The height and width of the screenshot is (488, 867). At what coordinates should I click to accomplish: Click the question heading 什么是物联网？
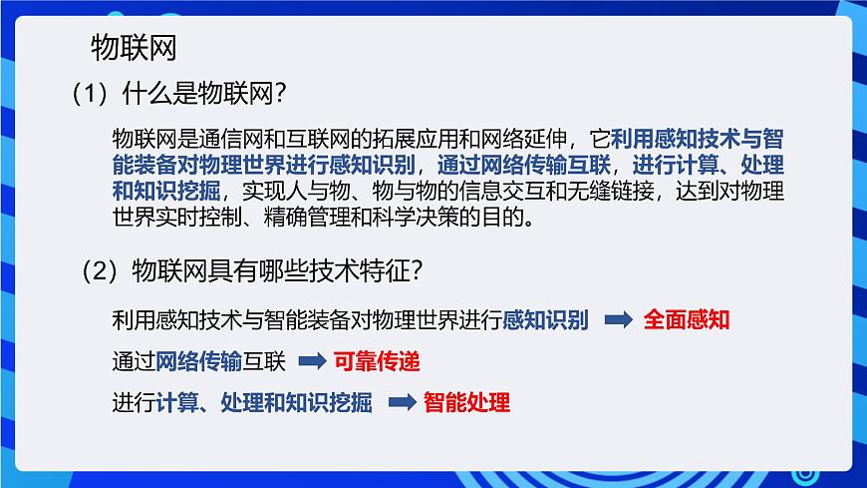(204, 95)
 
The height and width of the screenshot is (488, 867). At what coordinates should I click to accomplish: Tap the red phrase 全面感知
(688, 320)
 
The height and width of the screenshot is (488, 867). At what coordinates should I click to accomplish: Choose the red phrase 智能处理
(466, 403)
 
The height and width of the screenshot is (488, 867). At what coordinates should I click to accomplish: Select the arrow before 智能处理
(401, 403)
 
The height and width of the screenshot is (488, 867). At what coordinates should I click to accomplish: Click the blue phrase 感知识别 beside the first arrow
(546, 320)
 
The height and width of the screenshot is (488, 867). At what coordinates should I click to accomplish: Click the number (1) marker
(89, 95)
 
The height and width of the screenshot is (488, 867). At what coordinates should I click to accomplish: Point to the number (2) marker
(101, 269)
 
